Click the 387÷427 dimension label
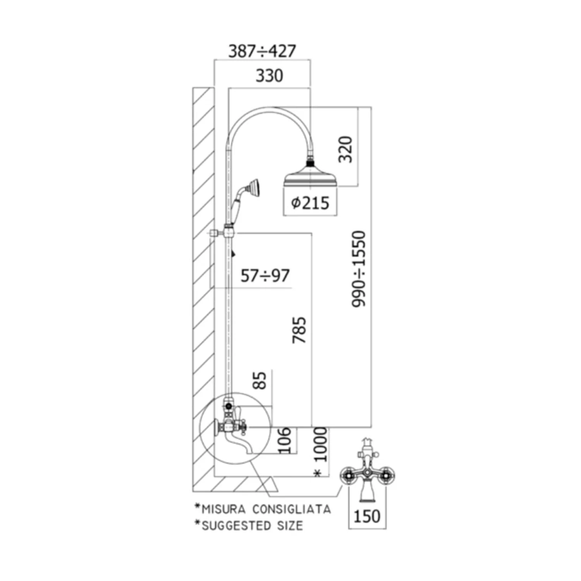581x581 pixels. pos(262,51)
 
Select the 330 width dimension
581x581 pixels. pos(269,76)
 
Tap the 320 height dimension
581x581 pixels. pos(346,149)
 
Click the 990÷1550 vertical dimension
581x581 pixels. pos(359,269)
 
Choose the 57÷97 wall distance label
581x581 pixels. pos(265,276)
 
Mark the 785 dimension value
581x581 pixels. pos(299,330)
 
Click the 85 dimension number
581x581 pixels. pos(260,380)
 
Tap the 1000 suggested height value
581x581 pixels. pos(321,445)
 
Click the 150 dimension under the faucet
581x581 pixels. pos(367,516)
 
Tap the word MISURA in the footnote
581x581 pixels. pos(223,509)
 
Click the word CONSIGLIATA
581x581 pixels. pos(292,509)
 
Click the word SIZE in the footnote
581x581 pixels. pos(290,526)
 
